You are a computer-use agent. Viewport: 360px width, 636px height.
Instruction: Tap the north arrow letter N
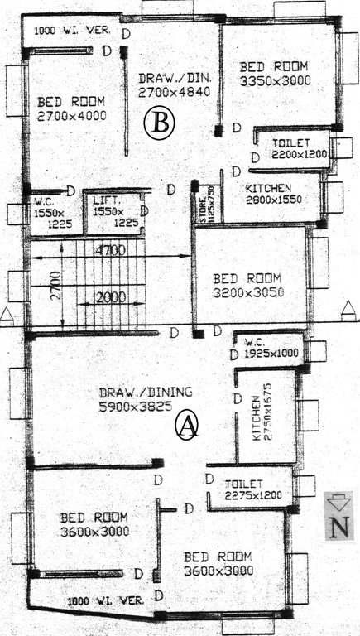338,528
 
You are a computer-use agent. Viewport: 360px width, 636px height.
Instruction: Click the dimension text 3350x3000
273,81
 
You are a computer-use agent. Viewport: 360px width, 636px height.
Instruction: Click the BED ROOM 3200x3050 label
247,285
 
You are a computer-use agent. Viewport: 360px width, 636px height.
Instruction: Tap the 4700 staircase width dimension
109,248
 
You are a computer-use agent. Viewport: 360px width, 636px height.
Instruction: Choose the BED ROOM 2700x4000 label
72,109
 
